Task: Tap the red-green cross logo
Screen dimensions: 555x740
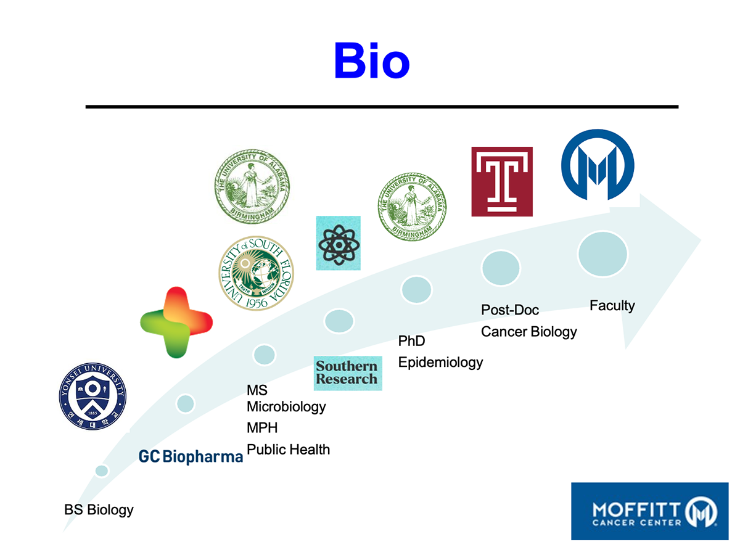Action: [x=176, y=322]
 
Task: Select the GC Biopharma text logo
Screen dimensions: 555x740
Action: [x=191, y=456]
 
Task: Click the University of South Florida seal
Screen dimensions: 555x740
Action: [x=256, y=273]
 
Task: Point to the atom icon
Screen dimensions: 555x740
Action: [x=338, y=243]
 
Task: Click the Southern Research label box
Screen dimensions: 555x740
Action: [x=348, y=373]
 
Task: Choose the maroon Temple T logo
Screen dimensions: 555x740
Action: [x=501, y=181]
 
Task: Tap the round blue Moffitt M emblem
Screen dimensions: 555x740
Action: [x=598, y=165]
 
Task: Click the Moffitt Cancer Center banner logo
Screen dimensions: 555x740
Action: [x=650, y=511]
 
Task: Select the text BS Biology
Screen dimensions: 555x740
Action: [x=99, y=510]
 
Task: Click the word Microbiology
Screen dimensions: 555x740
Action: [x=286, y=407]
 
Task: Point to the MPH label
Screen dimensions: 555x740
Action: [x=262, y=428]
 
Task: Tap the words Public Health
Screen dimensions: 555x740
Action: [x=288, y=450]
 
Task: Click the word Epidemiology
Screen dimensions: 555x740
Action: [x=440, y=362]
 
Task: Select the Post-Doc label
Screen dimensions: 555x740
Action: [x=510, y=310]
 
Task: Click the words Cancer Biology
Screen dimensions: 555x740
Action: [x=528, y=332]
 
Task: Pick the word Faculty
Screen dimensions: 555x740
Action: [x=612, y=305]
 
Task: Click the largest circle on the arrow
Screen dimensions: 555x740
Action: [x=602, y=253]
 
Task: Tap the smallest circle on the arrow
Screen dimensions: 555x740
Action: [x=102, y=471]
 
